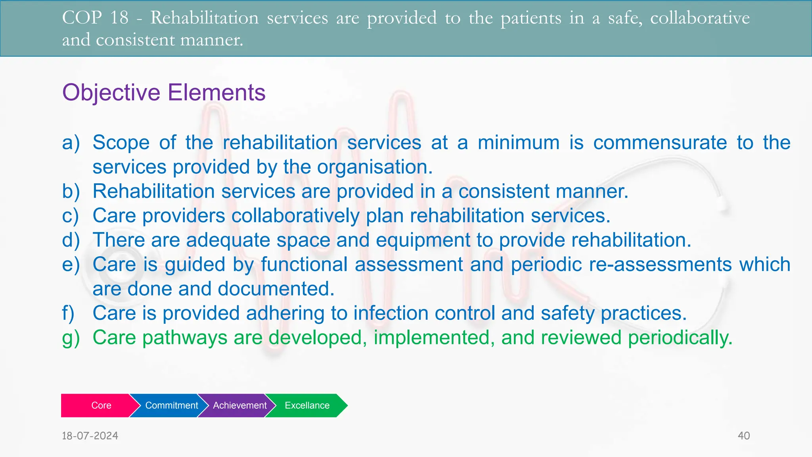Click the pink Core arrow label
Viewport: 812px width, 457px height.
coord(101,405)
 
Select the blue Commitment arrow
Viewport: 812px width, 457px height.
coord(171,405)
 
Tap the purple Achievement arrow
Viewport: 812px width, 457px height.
coord(239,405)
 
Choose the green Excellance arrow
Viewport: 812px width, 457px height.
coord(307,405)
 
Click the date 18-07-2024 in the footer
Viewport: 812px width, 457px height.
coord(90,436)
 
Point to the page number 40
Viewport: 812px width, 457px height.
coord(743,436)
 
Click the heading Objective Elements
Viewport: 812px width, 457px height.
coord(164,92)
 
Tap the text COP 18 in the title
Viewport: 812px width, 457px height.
coord(95,18)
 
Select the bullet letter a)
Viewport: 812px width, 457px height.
coord(71,143)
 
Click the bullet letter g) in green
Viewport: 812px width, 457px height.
coord(71,338)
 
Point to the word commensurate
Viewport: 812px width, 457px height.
coord(660,143)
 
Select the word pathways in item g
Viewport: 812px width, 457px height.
coord(185,338)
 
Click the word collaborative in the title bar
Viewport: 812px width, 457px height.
coord(700,18)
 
